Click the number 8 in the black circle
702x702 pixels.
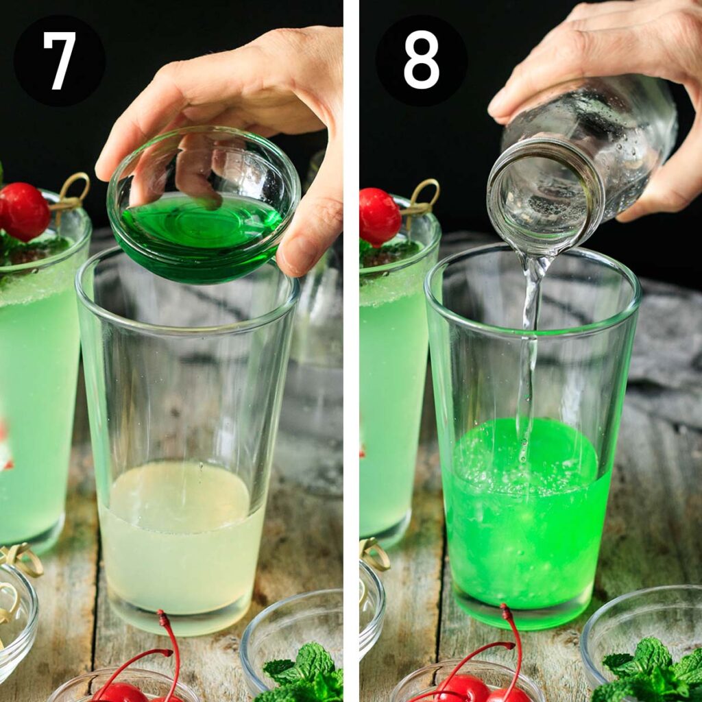(x=421, y=60)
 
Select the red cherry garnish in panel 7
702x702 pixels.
(x=24, y=211)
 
